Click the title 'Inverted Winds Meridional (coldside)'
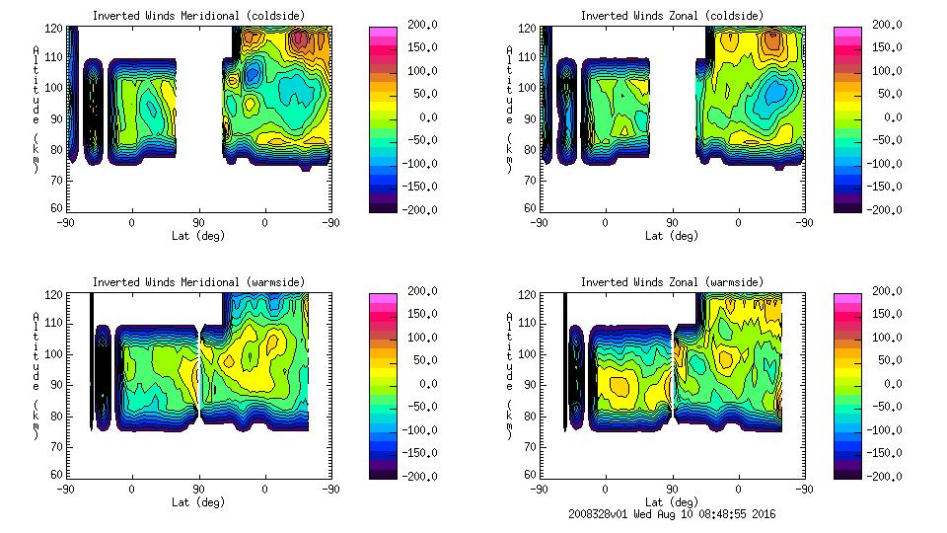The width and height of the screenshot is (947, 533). pyautogui.click(x=198, y=16)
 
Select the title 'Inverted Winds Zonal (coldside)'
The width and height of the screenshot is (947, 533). pyautogui.click(x=672, y=16)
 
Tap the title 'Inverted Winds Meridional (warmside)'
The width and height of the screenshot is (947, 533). pyautogui.click(x=198, y=282)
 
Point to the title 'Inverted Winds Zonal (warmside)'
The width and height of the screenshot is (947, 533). pyautogui.click(x=672, y=282)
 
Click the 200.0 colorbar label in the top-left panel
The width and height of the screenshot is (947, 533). pyautogui.click(x=416, y=26)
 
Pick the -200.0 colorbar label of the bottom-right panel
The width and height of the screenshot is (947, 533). pyautogui.click(x=880, y=476)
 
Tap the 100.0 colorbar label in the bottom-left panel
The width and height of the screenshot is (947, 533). pyautogui.click(x=416, y=338)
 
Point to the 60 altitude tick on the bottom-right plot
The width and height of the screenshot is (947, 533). pyautogui.click(x=524, y=475)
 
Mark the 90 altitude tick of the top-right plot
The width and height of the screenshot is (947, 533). pyautogui.click(x=524, y=117)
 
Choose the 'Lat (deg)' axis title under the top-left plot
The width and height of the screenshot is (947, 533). pyautogui.click(x=198, y=236)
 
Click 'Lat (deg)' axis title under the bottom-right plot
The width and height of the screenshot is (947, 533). pyautogui.click(x=672, y=502)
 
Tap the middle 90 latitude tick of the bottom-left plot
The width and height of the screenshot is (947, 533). pyautogui.click(x=198, y=489)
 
